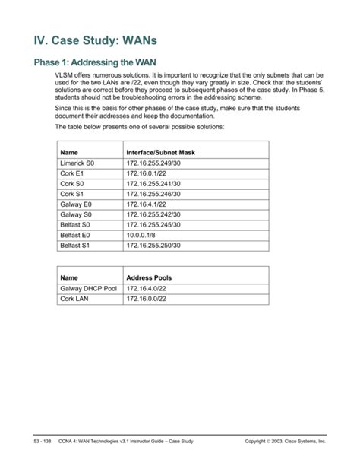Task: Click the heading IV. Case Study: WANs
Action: pyautogui.click(x=97, y=37)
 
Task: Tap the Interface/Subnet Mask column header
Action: pyautogui.click(x=160, y=153)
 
